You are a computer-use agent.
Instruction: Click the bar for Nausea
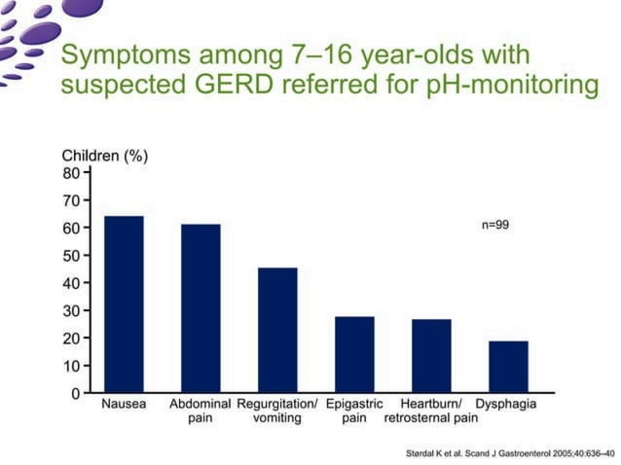pos(124,304)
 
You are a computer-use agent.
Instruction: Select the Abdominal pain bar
pos(201,308)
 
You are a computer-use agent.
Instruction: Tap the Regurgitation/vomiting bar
pos(277,331)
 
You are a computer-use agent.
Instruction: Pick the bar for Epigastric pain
pos(354,355)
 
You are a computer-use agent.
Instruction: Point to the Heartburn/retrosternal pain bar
pos(431,356)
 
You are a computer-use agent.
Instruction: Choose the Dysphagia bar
pos(508,367)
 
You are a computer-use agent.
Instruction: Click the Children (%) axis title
pos(105,156)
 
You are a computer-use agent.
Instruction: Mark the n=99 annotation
pos(495,225)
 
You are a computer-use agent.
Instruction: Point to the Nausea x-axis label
pos(124,404)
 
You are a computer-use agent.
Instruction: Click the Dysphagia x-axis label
pos(506,404)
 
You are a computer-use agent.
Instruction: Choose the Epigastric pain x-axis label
pos(354,411)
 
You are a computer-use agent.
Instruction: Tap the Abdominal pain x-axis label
pos(201,411)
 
